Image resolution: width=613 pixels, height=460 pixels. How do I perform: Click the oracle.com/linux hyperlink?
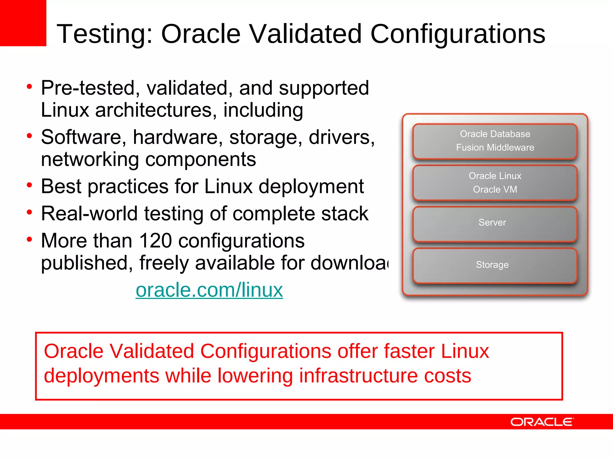tap(209, 290)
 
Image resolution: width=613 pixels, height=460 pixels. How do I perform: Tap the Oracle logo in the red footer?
tap(542, 422)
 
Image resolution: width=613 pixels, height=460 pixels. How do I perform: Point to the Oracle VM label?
tap(495, 190)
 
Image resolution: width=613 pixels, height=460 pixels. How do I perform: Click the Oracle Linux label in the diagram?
tap(495, 176)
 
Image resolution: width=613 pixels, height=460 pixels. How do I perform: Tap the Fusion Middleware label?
tap(495, 147)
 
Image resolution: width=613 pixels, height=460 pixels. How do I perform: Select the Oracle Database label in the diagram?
tap(495, 134)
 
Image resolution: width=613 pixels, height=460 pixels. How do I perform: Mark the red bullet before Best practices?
tap(29, 185)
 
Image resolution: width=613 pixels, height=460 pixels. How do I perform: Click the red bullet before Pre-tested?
tap(29, 87)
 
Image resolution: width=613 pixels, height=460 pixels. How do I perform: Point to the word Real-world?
tap(89, 214)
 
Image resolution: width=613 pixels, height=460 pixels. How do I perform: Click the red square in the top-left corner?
tap(23, 23)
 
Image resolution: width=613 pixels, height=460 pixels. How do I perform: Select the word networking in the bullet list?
tap(90, 159)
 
